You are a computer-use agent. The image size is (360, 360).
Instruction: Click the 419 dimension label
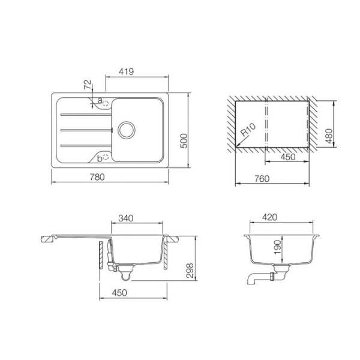point(126,71)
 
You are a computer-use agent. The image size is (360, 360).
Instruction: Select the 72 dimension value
point(88,85)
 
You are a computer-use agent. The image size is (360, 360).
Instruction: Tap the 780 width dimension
point(97,177)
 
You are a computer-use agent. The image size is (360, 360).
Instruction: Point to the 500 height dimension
point(184,141)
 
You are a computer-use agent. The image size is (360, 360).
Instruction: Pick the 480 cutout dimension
point(329,136)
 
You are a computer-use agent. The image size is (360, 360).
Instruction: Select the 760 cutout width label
point(262,178)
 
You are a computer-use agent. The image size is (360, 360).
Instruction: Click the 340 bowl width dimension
point(125,218)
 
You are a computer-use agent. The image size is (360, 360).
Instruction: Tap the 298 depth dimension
point(190,271)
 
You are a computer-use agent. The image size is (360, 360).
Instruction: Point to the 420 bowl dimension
point(270,217)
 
